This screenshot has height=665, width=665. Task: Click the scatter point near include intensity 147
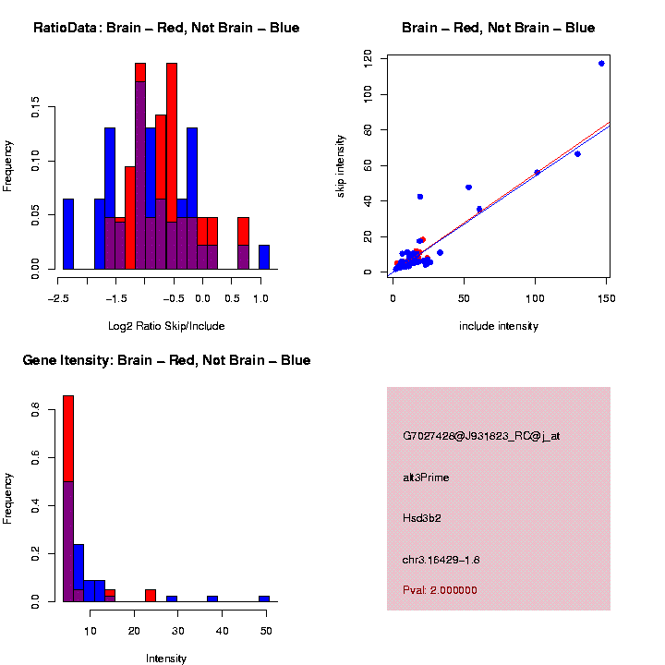click(601, 64)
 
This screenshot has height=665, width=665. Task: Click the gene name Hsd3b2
click(422, 518)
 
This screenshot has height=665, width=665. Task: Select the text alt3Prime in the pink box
click(426, 478)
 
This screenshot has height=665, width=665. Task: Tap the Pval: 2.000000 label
click(440, 590)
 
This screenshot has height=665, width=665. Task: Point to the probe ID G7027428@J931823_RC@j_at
click(480, 436)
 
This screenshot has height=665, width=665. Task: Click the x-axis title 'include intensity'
click(499, 326)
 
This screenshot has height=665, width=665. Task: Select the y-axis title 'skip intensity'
click(353, 163)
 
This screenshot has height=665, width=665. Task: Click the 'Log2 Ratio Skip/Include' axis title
click(166, 326)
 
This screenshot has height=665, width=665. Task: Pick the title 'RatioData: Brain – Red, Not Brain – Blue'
click(166, 28)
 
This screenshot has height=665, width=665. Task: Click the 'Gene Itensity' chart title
click(166, 360)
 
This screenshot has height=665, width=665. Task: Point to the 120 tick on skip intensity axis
click(369, 59)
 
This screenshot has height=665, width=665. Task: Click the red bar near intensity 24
click(151, 596)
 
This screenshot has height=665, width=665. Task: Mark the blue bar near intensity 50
click(264, 598)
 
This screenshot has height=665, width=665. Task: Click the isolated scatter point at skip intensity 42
click(420, 197)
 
